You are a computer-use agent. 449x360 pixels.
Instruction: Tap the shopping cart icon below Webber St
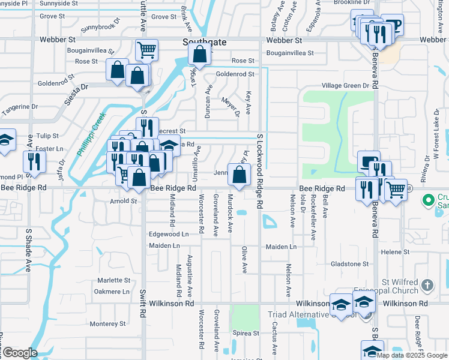[146, 50]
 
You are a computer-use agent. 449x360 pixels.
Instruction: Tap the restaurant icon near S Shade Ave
[34, 161]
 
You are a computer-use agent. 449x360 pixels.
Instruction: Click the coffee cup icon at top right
[393, 25]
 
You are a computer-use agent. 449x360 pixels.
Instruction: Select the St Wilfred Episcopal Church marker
[427, 285]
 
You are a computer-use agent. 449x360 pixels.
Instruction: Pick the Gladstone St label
[349, 264]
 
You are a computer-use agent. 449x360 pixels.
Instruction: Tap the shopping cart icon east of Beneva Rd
[396, 190]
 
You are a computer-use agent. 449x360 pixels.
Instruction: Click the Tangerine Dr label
[18, 107]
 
